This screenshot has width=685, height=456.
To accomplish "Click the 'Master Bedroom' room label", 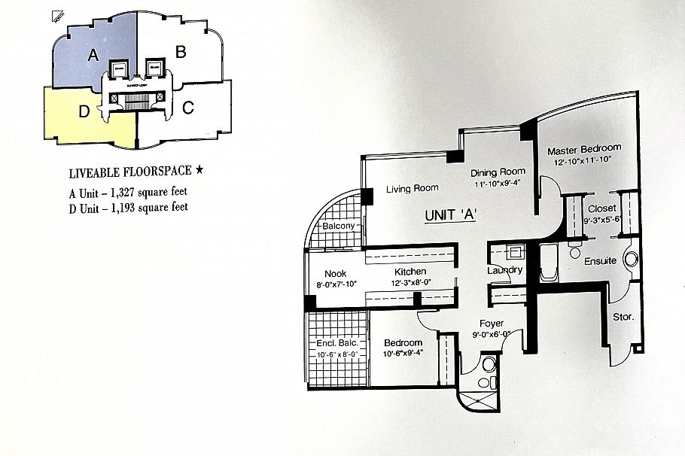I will [x=584, y=148].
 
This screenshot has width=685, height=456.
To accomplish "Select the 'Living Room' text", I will [x=413, y=188].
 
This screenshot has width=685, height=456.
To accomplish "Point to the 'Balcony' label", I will [x=339, y=226].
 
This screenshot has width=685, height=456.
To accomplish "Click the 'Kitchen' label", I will [x=409, y=272].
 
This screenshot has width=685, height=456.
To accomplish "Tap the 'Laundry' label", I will [x=505, y=270].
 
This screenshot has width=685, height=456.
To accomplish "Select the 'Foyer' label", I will [x=492, y=324].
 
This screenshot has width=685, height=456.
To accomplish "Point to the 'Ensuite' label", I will [x=601, y=260].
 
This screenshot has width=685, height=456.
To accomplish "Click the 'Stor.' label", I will [x=623, y=317].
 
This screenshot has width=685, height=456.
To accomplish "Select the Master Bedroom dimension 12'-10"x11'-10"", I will [x=584, y=160].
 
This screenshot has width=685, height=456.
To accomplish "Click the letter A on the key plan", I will [x=94, y=54].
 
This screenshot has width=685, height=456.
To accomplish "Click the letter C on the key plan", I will [x=188, y=108].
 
